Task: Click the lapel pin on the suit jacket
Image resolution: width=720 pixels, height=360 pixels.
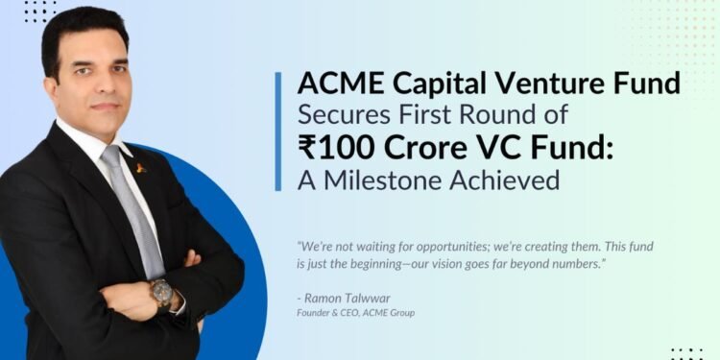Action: coord(142,169)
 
